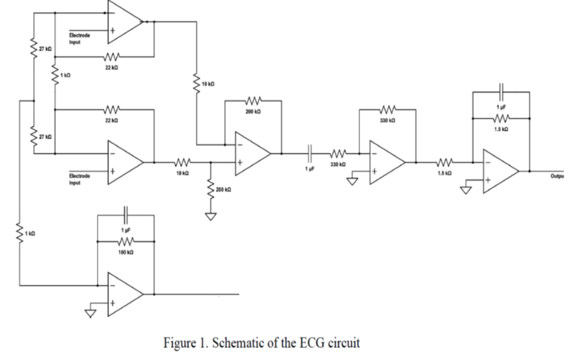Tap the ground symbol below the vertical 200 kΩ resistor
(x=211, y=217)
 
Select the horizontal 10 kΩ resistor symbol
(x=183, y=161)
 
